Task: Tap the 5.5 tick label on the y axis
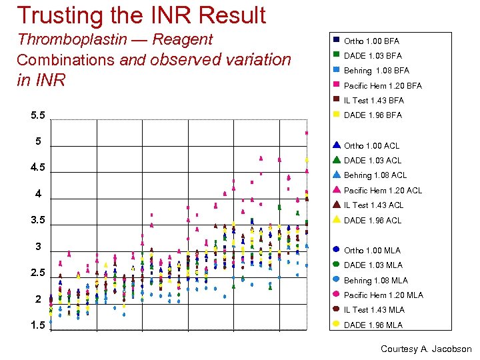38,115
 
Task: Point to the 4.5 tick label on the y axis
38,167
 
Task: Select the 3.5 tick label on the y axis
38,220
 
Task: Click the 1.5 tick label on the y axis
38,325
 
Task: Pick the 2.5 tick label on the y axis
38,273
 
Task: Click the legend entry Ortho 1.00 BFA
371,41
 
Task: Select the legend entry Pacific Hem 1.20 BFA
383,85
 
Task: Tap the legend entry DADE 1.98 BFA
373,115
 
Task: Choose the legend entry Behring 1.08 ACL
375,175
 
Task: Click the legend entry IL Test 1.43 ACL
373,205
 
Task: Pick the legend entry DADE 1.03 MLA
373,265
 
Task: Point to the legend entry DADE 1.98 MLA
373,325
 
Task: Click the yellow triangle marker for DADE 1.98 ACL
337,219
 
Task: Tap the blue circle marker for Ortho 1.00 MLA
337,249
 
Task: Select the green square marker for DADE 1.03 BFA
337,55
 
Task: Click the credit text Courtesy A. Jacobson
425,349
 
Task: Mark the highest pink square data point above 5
307,133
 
